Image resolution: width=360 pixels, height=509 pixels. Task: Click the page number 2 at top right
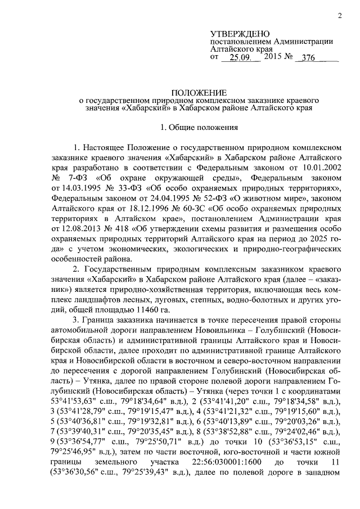point(340,15)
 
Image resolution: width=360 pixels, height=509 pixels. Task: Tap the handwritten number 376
point(307,57)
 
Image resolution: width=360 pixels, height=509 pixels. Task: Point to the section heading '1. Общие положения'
point(200,128)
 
